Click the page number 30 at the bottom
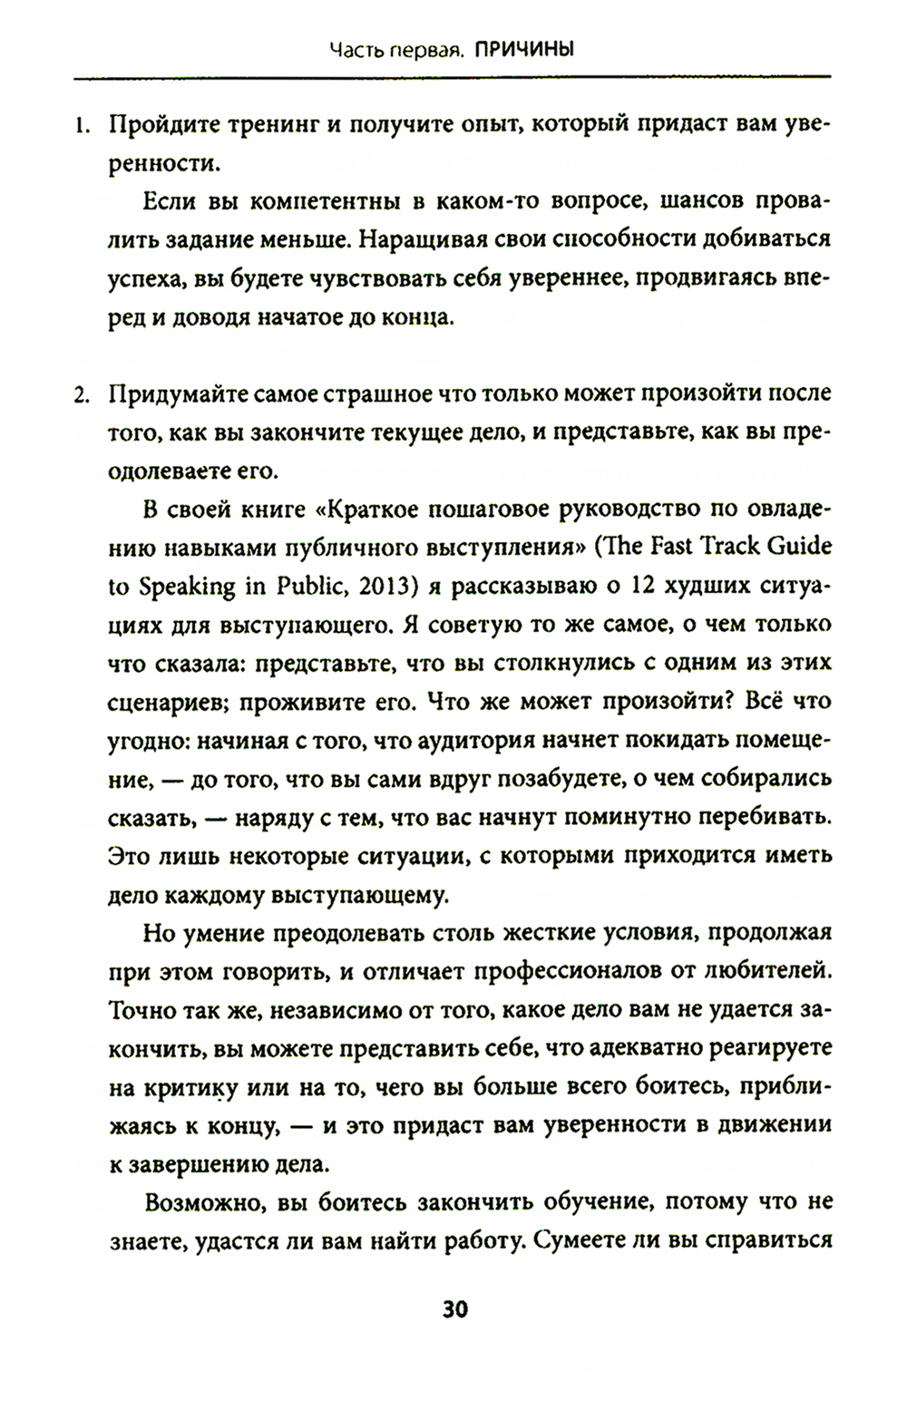(453, 1310)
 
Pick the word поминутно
(629, 818)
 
